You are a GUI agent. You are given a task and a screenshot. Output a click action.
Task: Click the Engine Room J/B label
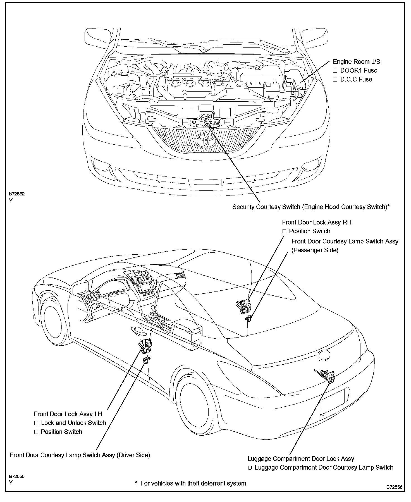(x=356, y=62)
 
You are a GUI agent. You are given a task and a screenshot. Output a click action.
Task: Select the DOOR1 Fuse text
(x=359, y=71)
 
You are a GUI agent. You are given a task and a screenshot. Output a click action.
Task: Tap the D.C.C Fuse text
(x=356, y=80)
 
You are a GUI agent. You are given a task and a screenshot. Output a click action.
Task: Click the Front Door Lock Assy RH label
(x=316, y=223)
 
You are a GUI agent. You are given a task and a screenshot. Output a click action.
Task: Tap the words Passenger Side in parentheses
(x=315, y=250)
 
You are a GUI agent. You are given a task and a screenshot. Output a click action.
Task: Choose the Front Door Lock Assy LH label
(x=68, y=414)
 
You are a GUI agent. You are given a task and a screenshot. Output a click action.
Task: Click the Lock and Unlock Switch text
(x=73, y=423)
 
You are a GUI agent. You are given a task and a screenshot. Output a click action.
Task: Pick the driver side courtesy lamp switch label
(x=80, y=455)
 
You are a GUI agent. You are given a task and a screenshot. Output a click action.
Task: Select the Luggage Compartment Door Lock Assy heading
(x=301, y=459)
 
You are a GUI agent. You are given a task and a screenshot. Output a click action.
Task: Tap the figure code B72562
(x=17, y=194)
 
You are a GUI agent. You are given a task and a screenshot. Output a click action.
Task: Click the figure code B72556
(x=394, y=487)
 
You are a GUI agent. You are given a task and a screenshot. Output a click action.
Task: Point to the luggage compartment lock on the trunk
(x=327, y=375)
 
